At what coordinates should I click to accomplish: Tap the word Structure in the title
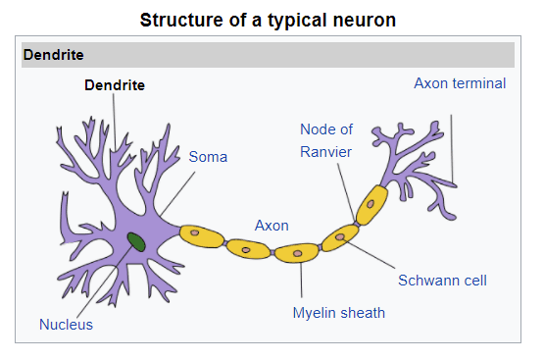click(181, 20)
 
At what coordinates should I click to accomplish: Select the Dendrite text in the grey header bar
click(54, 55)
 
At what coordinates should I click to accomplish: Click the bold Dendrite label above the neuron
click(115, 85)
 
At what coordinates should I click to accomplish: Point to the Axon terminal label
click(460, 83)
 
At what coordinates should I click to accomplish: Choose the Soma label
click(208, 157)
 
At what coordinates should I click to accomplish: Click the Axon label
click(272, 226)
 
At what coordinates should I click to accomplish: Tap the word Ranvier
click(325, 152)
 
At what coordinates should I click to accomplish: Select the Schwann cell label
click(442, 281)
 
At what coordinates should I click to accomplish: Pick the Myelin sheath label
click(339, 313)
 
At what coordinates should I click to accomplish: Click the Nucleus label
click(67, 325)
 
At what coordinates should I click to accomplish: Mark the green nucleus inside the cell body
click(136, 242)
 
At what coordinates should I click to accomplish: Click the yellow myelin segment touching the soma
click(202, 236)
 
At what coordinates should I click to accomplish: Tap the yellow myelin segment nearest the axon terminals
click(371, 205)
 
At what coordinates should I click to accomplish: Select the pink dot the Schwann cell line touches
click(340, 236)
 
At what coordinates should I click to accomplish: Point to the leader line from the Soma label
click(177, 194)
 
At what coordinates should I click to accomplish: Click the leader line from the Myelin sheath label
click(301, 281)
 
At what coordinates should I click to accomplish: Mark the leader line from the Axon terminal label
click(452, 148)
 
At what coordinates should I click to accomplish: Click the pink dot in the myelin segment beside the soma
click(195, 232)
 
